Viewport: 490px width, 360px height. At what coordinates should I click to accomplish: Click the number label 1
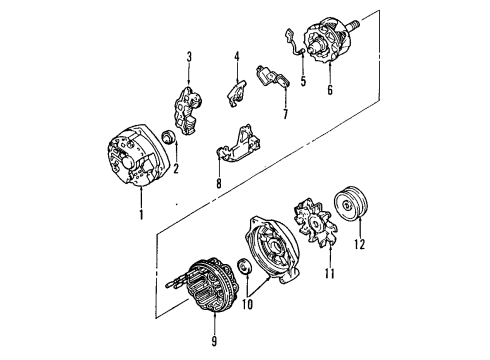click(142, 214)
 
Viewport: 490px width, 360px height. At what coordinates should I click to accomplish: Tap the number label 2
click(175, 169)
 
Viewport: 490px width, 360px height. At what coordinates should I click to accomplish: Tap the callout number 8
click(219, 183)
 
